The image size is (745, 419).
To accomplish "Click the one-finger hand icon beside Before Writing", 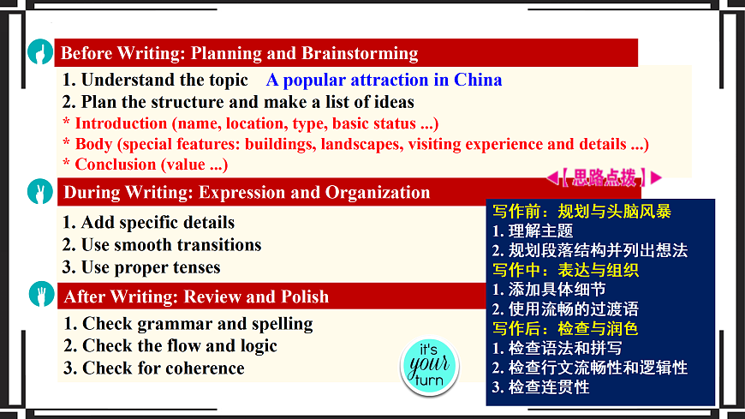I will click(39, 53).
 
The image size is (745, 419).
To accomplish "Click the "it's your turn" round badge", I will click(429, 366).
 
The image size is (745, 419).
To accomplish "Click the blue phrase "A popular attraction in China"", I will click(384, 81).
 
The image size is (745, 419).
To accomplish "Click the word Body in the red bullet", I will click(93, 143).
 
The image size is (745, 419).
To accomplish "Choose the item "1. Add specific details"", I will click(148, 223).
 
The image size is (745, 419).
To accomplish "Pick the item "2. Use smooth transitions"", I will click(162, 245).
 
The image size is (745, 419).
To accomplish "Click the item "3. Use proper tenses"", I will click(141, 267).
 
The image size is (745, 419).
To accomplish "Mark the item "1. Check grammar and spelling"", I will click(188, 324).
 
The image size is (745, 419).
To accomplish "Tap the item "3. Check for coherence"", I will click(154, 368).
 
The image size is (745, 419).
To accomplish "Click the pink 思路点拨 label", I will click(604, 178).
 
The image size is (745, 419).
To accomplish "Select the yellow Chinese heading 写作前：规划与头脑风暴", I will click(581, 211).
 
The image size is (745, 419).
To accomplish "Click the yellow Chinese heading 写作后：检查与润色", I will click(565, 329).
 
